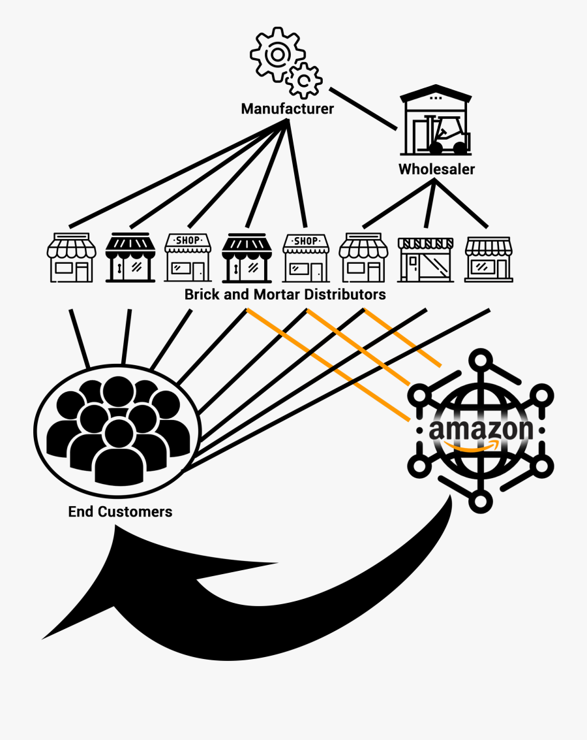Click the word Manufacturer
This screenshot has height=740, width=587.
coord(287,108)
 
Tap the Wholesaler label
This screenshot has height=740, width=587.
coord(436,169)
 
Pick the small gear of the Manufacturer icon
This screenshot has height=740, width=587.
coord(304,82)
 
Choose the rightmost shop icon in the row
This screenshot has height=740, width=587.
coord(488,259)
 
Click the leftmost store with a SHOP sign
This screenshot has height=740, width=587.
coord(188,257)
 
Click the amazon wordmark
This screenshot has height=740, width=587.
coord(481,429)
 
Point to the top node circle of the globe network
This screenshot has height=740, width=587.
coord(481,360)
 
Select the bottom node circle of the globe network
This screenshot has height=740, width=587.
coord(481,501)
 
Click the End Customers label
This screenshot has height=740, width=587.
coord(120,511)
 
